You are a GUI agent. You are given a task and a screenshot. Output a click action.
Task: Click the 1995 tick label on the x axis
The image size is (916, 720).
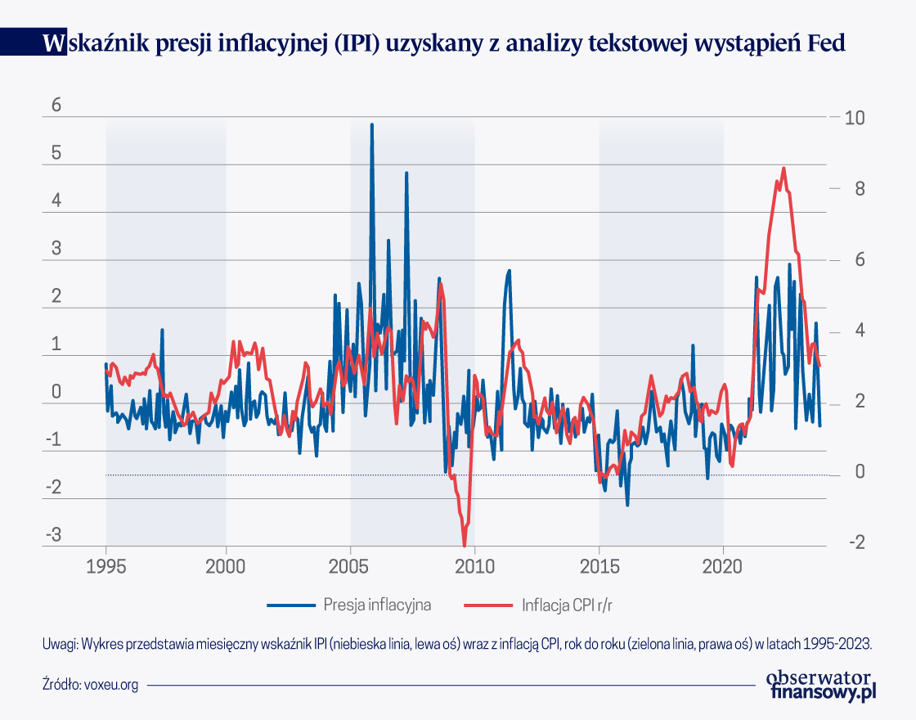106,567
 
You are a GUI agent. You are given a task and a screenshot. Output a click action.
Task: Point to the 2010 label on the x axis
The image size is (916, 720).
474,567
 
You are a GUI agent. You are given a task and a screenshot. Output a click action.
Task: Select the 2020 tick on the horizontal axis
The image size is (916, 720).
723,567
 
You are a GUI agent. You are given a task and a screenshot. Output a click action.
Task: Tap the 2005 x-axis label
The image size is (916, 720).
350,567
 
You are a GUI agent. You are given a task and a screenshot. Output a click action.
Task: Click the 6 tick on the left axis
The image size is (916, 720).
56,106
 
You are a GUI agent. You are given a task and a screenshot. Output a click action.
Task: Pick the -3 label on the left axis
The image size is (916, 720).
53,536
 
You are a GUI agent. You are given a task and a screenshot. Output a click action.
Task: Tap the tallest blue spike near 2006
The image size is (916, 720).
372,125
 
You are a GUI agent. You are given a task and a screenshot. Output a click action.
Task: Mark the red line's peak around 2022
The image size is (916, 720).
784,169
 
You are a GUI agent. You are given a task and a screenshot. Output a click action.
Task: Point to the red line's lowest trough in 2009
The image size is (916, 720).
465,546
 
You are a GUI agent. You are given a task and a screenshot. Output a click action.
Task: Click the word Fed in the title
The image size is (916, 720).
827,44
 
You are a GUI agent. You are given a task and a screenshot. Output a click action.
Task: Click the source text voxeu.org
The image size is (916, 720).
111,685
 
